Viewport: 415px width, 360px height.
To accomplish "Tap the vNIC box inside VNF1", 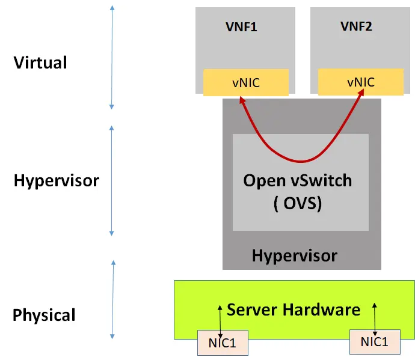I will (x=246, y=82).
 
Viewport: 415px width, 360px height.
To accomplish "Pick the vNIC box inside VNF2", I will (x=360, y=82).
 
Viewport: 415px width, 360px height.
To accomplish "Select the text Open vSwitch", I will (x=297, y=180).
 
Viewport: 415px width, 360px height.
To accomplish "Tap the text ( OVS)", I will (x=297, y=203).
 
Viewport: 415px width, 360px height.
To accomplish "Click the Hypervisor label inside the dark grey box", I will (x=295, y=255).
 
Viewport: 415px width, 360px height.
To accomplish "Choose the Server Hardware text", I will (x=294, y=310).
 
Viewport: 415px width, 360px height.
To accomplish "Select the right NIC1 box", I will (x=375, y=342).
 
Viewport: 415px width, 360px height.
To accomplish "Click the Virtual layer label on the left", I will (x=40, y=63).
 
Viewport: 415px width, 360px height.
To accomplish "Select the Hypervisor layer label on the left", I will (x=56, y=180).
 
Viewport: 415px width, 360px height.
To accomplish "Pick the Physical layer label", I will (x=45, y=315).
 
